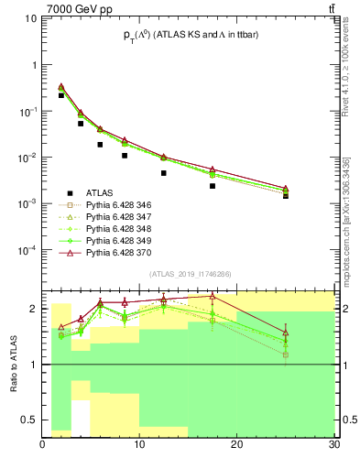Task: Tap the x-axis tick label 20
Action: [237, 444]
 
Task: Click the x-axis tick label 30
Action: [333, 444]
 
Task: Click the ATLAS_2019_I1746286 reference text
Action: [190, 274]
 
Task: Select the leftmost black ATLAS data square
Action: [61, 95]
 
